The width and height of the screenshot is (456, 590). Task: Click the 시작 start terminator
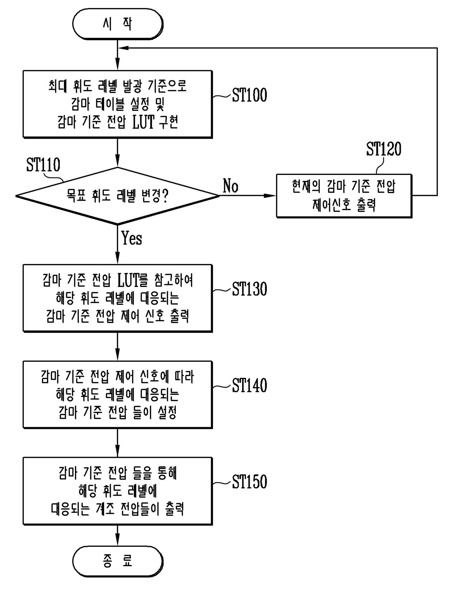pos(118,24)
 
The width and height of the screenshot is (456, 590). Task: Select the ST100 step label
pos(249,95)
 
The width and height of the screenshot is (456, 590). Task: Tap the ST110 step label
pos(43,165)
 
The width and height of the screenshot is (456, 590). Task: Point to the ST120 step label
pos(384,149)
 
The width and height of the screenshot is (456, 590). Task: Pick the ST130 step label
pos(249,289)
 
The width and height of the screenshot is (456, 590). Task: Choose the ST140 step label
pos(249,385)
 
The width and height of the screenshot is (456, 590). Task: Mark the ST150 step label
pos(249,482)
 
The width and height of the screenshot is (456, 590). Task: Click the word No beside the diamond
pos(231,186)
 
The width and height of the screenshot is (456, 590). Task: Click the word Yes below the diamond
pos(132,238)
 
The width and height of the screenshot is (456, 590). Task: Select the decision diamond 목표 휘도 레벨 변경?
pos(117,196)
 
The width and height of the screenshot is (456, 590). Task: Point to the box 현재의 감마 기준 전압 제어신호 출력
pos(344,196)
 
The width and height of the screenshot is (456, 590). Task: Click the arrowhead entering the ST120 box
pos(270,196)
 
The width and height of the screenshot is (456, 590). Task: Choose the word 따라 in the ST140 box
pos(184,377)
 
